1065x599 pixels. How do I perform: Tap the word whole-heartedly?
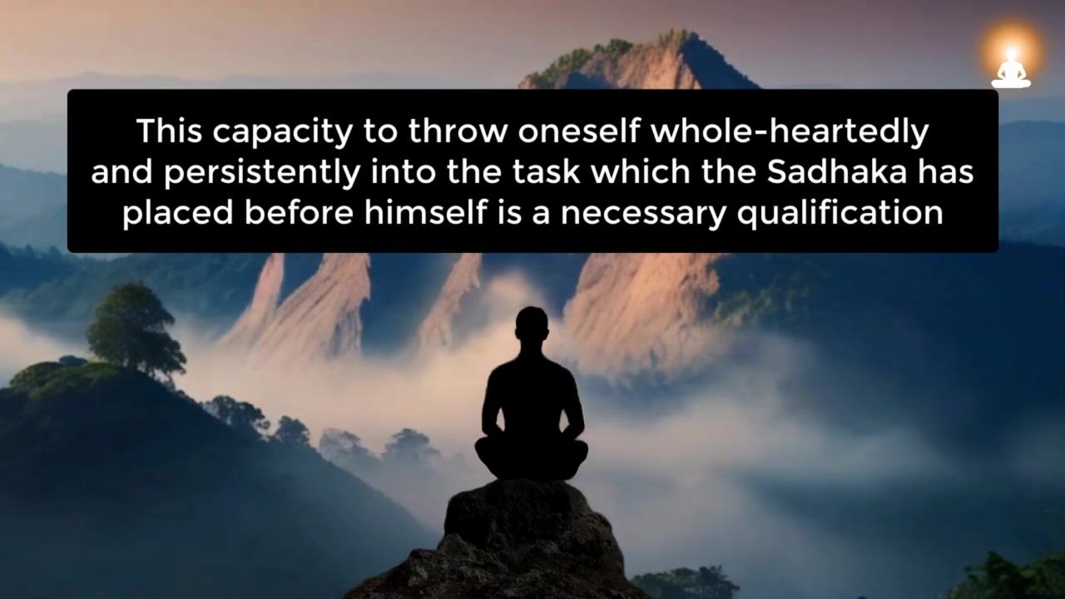790,132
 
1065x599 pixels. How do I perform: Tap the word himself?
426,212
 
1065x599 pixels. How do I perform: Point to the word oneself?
578,131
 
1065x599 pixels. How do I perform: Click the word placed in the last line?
178,214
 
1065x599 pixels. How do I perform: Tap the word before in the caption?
299,212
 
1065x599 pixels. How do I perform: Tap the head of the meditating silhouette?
531,324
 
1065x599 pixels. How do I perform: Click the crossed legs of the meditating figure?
531,458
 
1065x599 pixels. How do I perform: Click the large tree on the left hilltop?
135,328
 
